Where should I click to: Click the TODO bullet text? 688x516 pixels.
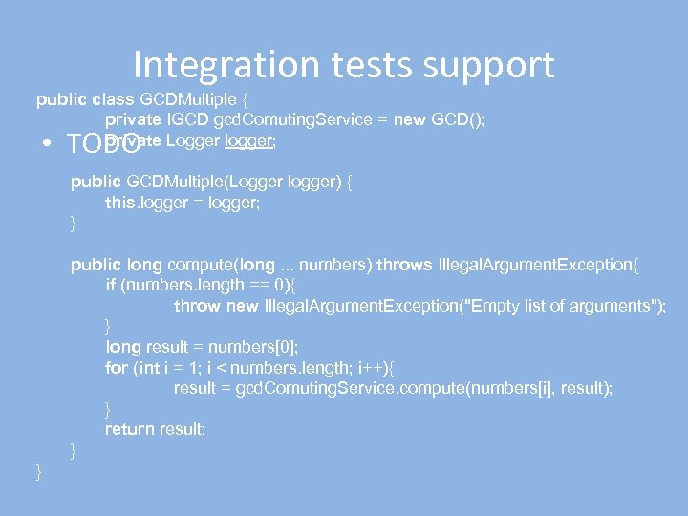(99, 144)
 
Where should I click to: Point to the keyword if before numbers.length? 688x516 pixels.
(111, 285)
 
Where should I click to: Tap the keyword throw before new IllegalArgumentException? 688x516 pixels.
(197, 306)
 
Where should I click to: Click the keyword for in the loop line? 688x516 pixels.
(116, 367)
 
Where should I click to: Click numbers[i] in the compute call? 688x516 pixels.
(505, 388)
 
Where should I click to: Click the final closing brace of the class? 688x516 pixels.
(39, 470)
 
